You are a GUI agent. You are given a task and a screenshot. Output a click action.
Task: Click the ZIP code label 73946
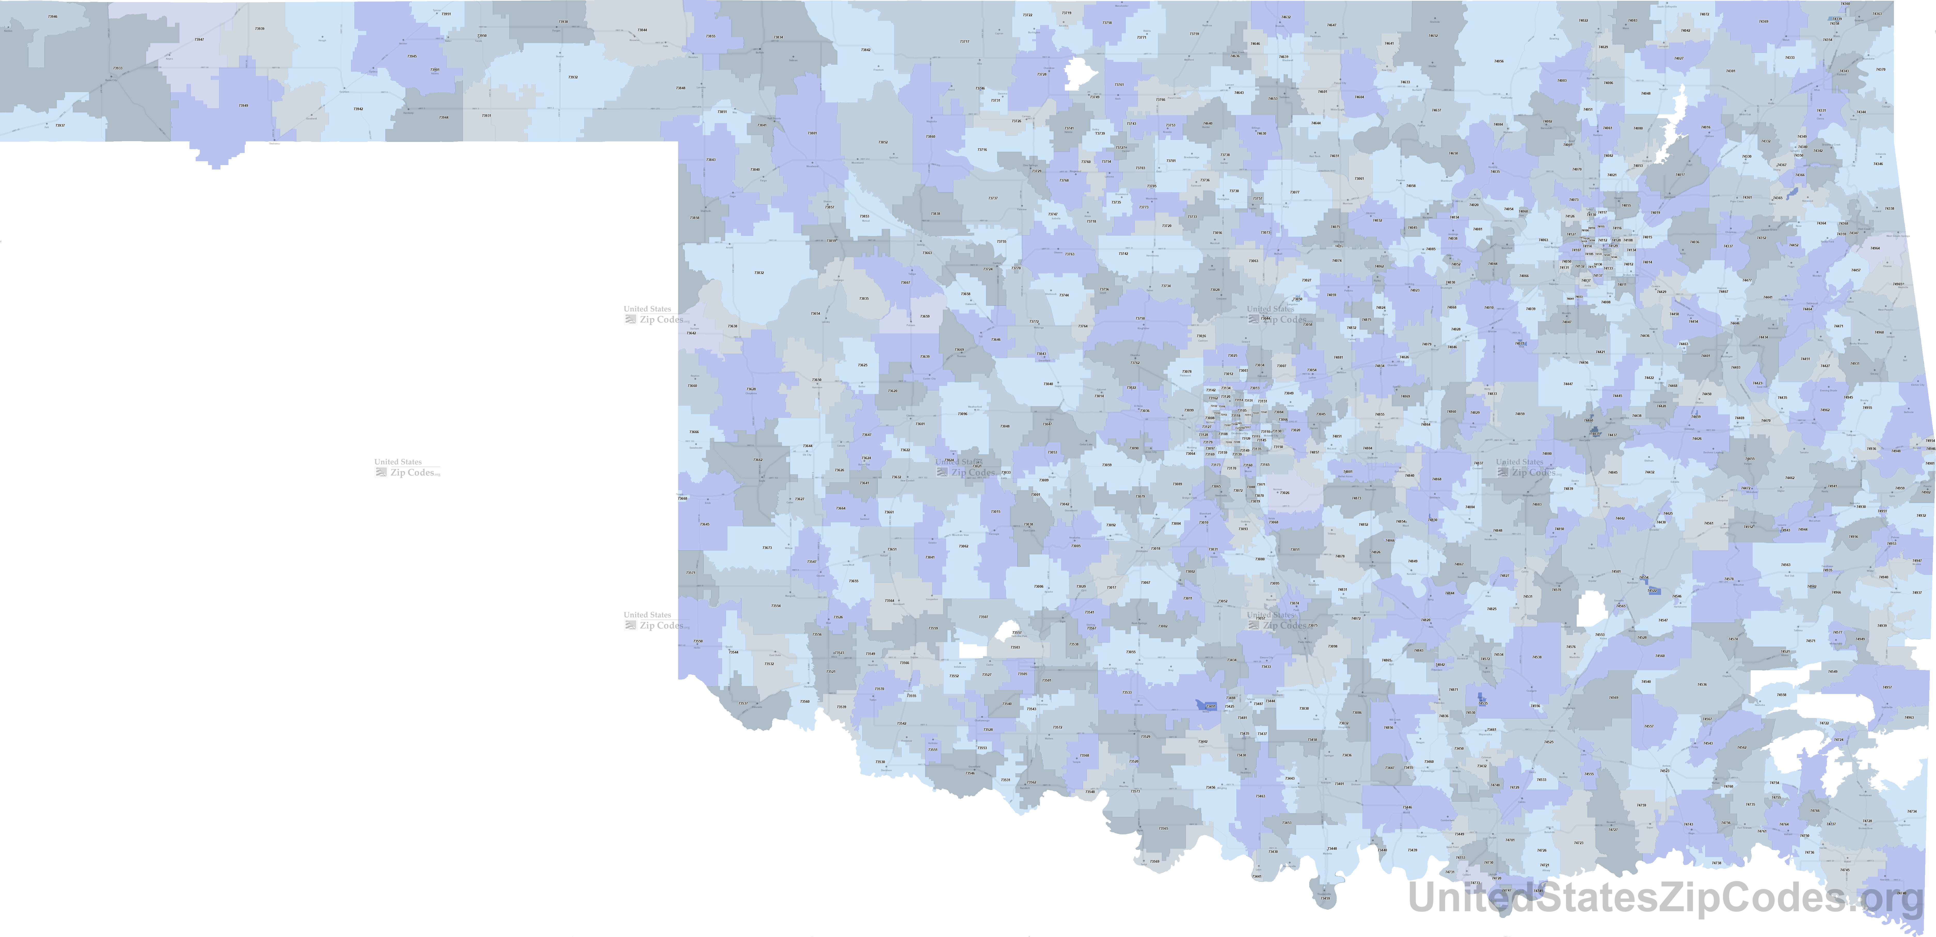tap(52, 17)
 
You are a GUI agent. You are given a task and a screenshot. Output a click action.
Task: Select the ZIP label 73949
tap(243, 105)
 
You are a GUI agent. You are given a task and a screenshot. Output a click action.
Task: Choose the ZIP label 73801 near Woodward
tap(812, 133)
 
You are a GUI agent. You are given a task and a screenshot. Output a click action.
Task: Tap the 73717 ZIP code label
tap(964, 41)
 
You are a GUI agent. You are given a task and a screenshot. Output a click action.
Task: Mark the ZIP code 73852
tap(883, 142)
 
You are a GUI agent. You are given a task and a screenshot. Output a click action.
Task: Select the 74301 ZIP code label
tap(1731, 71)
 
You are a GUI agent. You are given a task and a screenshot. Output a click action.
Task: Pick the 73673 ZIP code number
tap(767, 548)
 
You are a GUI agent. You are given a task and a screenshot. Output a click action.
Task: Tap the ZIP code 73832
tap(759, 273)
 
